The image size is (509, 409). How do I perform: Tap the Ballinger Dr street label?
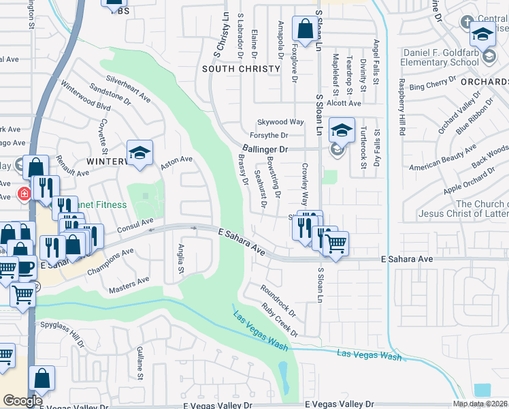tap(265, 148)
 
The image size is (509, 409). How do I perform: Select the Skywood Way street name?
tap(280, 121)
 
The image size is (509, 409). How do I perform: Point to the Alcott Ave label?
tap(344, 103)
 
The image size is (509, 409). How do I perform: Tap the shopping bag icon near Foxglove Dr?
tap(303, 29)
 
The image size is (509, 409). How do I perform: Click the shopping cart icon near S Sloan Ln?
tap(336, 243)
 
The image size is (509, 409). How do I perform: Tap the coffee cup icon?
tap(26, 266)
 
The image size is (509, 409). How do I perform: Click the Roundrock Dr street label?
tap(279, 301)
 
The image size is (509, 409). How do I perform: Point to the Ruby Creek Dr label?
tap(280, 320)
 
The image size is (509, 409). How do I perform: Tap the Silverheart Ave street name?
tap(128, 89)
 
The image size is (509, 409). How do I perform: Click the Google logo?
tap(22, 401)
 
